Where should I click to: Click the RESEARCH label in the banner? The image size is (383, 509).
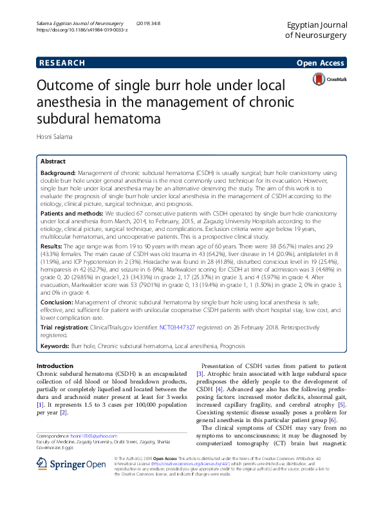[x=62, y=63]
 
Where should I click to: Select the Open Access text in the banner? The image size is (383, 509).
[x=321, y=63]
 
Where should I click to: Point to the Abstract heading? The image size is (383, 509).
[x=53, y=162]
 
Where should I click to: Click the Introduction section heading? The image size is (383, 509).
[x=55, y=366]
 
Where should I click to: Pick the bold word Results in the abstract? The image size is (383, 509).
[x=52, y=246]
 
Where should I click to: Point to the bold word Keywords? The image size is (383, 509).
[x=55, y=346]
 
